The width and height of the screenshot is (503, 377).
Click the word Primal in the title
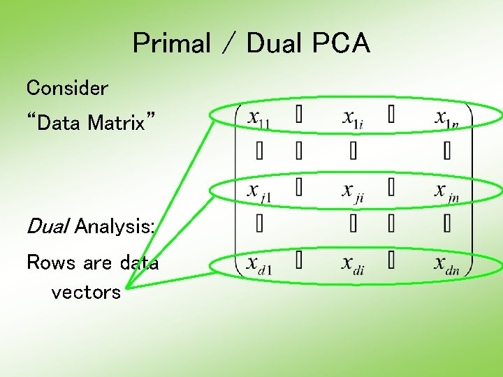171,44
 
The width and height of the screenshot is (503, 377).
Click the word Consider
67,88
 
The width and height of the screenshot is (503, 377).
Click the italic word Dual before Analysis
47,226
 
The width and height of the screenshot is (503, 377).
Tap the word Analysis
115,226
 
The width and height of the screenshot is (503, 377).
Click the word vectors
86,292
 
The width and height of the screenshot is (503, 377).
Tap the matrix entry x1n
447,119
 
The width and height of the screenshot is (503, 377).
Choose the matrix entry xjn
447,191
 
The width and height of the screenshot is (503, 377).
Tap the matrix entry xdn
447,265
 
